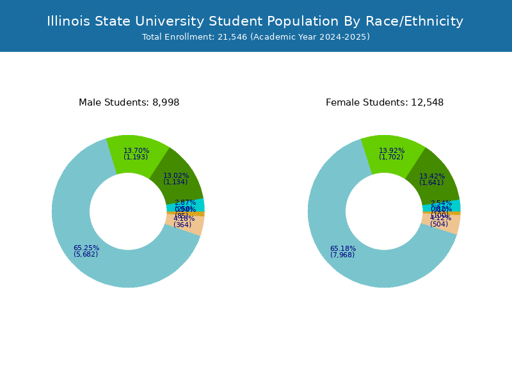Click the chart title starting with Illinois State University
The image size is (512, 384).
click(255, 21)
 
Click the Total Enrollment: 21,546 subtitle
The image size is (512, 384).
click(256, 37)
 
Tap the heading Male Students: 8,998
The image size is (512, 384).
click(129, 102)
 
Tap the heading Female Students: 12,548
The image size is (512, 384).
click(384, 102)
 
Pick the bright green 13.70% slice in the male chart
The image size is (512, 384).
click(136, 154)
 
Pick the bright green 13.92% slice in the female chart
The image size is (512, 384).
click(392, 154)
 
